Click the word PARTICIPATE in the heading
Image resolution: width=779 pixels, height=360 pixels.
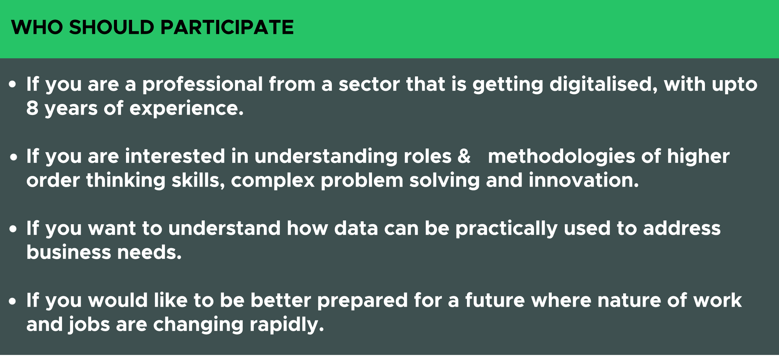tap(227, 27)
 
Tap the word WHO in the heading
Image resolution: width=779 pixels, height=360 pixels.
tap(37, 27)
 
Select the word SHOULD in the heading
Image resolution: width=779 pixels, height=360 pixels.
tap(112, 27)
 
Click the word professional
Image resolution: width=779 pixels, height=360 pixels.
tap(202, 84)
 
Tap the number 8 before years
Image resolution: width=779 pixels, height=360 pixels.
tap(32, 109)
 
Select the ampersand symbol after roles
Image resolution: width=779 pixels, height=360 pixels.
tap(464, 156)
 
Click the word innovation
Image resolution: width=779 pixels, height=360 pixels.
tap(584, 180)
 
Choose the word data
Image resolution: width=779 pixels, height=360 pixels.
tap(356, 229)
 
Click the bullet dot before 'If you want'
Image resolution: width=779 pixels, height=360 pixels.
tap(13, 229)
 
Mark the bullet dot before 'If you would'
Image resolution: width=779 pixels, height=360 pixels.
tap(12, 301)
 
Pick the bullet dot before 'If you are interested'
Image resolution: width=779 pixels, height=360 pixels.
tap(13, 157)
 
